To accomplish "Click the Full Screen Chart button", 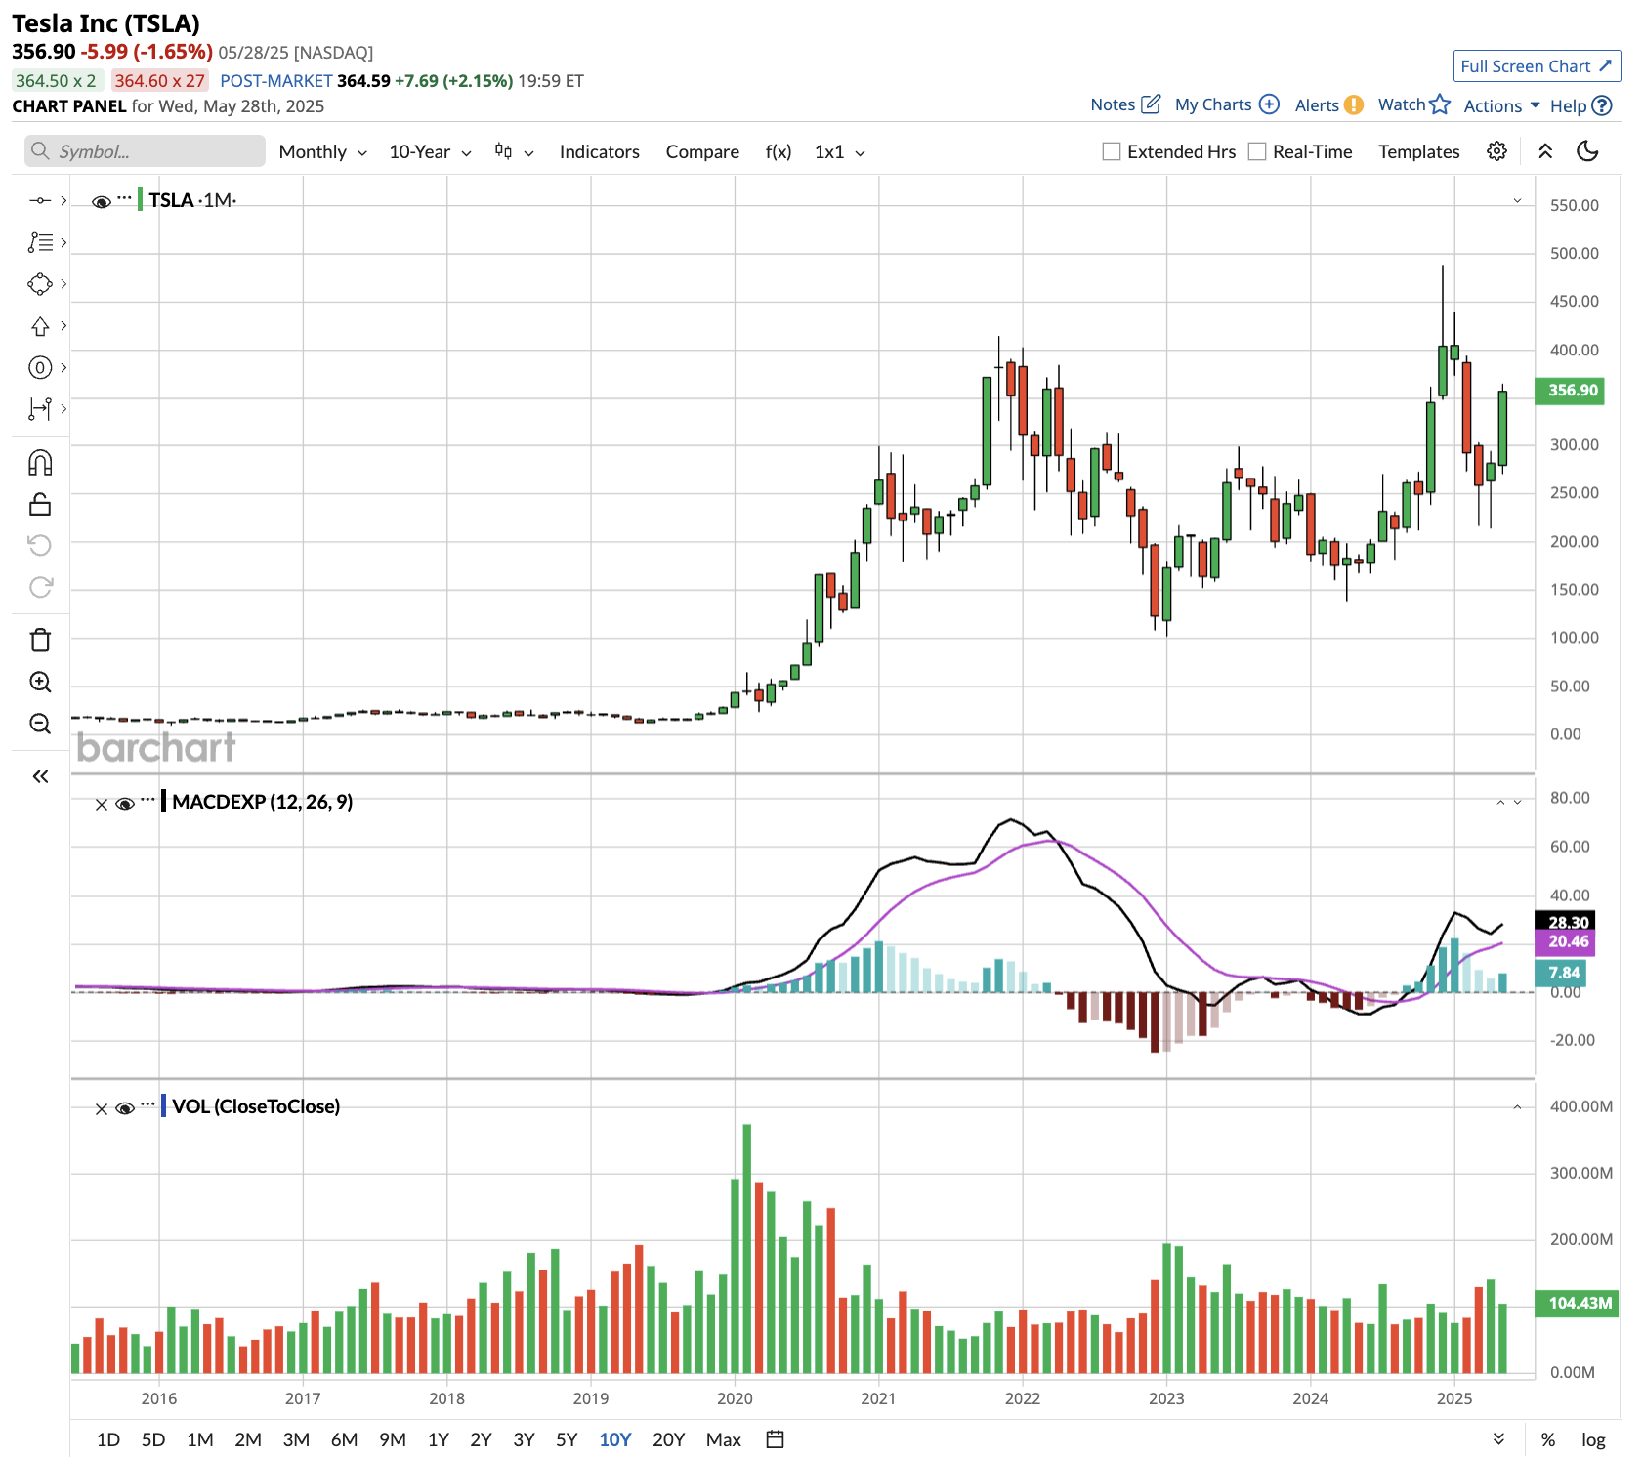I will click(x=1536, y=66).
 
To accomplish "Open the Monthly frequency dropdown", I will click(x=322, y=151).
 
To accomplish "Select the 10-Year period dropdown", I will click(x=430, y=151).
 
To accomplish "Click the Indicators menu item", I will click(x=599, y=151).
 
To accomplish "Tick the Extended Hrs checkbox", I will click(x=1112, y=151).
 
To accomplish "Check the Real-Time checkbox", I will click(x=1257, y=151).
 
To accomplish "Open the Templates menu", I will click(x=1418, y=151).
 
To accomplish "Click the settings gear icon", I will click(x=1496, y=151).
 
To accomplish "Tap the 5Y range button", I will click(x=567, y=1439).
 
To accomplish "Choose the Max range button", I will click(x=723, y=1439).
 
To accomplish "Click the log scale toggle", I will click(x=1593, y=1439).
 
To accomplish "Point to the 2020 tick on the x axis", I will click(x=735, y=1398).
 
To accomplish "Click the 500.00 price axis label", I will click(x=1574, y=254).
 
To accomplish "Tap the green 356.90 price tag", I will click(x=1572, y=391).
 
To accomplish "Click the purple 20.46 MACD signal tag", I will click(x=1567, y=941).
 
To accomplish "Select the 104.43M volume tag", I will click(x=1579, y=1303).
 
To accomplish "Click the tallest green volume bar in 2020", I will click(x=747, y=1250).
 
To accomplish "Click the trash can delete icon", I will click(x=40, y=641).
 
